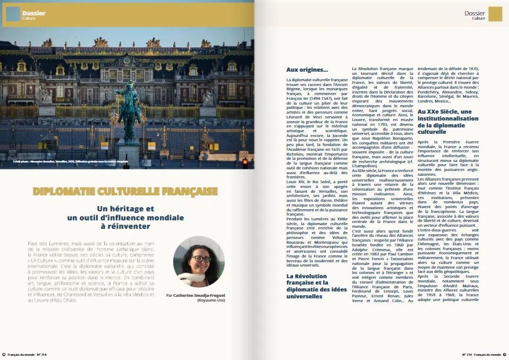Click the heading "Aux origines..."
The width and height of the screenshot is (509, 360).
click(307, 70)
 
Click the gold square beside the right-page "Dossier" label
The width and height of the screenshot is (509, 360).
click(495, 14)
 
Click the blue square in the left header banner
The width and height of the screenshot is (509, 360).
click(13, 14)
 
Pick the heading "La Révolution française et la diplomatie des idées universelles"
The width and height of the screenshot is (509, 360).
click(315, 286)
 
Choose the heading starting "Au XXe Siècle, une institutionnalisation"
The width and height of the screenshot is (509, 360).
click(444, 121)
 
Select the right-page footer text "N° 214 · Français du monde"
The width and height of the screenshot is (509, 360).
click(481, 354)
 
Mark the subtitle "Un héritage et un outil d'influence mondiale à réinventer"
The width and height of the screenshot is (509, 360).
click(125, 218)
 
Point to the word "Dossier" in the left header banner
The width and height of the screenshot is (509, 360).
click(34, 13)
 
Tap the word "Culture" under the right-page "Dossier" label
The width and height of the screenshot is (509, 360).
click(478, 19)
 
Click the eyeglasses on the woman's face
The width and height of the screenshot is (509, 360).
click(201, 259)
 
